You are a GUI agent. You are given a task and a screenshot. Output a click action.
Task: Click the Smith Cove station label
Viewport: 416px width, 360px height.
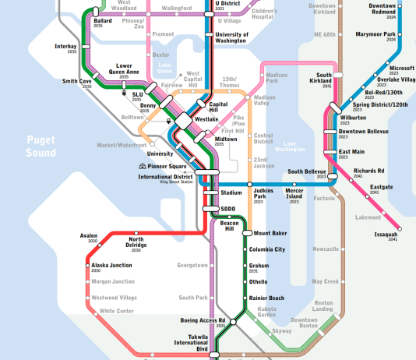pos(77,81)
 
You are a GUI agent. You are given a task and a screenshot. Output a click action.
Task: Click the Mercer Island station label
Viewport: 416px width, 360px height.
pos(294,193)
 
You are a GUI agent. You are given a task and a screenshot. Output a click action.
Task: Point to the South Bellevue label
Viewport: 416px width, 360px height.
pos(306,171)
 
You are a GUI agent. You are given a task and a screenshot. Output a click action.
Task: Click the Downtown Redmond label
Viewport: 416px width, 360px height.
pos(382,9)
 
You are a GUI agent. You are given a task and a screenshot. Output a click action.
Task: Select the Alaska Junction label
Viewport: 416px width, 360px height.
pos(111,266)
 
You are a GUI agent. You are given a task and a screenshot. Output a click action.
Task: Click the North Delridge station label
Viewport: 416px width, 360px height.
pos(136,242)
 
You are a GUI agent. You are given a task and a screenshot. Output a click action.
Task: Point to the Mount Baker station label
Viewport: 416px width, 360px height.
pos(270,233)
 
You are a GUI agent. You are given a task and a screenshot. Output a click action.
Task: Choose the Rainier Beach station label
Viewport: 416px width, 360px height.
pos(267,298)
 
